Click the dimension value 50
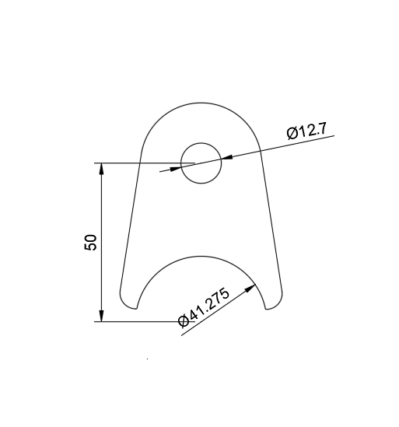click(90, 242)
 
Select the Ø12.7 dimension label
click(309, 131)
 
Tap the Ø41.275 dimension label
click(205, 310)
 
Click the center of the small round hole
click(201, 163)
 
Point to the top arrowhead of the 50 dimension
click(101, 169)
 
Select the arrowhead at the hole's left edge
click(175, 167)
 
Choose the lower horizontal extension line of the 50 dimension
click(140, 321)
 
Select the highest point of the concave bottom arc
click(201, 254)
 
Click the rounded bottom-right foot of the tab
click(274, 303)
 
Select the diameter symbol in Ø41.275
click(184, 321)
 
